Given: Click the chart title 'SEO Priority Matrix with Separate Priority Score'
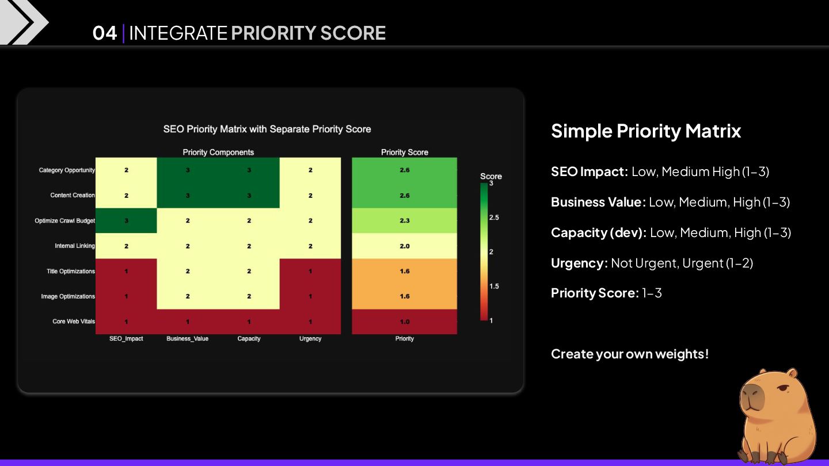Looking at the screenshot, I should [267, 129].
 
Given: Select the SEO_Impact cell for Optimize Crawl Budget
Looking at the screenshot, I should [126, 221].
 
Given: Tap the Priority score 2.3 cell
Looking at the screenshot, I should [404, 221].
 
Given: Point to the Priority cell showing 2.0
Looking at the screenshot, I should [404, 246].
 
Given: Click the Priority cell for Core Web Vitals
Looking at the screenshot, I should [404, 322].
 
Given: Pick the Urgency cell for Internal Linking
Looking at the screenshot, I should [310, 246].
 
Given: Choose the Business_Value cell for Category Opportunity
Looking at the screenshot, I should [188, 170].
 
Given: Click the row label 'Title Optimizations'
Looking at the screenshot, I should [71, 272].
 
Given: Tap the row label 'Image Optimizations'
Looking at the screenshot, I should [68, 297].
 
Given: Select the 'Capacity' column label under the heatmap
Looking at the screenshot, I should [249, 339].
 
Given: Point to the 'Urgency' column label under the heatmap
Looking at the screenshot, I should [310, 339].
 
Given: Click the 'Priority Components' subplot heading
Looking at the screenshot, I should [218, 152].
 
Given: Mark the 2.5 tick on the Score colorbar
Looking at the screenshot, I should [493, 217].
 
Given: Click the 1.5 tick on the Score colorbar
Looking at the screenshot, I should [493, 287].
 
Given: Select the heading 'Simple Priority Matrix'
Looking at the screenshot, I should [646, 131].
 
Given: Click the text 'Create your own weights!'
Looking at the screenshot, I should [630, 354].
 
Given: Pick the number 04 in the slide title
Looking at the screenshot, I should [105, 33].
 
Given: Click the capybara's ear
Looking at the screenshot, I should [793, 374].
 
